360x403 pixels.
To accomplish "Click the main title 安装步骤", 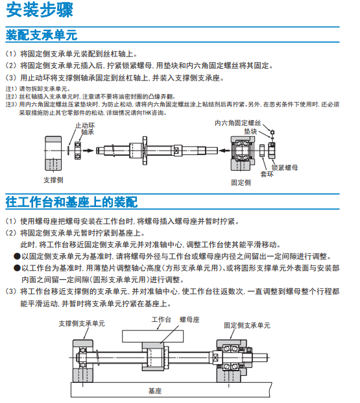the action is (x=40, y=10).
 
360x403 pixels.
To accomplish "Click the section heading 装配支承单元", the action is (x=42, y=35).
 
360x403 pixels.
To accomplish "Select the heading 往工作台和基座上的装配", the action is (x=72, y=202).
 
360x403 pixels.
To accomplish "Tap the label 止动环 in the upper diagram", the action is (x=85, y=125).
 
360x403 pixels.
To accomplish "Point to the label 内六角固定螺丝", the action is (x=238, y=123).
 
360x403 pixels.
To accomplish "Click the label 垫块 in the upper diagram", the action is (x=250, y=132).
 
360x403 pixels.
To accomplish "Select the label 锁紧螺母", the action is (x=285, y=168).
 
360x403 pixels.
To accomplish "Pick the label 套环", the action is (x=267, y=175).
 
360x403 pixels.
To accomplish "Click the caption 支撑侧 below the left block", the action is (x=53, y=180).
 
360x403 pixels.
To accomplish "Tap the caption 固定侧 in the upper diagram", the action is (x=241, y=183).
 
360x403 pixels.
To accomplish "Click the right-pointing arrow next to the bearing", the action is (x=88, y=151).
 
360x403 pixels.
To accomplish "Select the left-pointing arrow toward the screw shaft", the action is (x=224, y=151).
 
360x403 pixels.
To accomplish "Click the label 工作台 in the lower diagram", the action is (x=161, y=320).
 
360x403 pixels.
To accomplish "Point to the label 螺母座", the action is (x=189, y=320).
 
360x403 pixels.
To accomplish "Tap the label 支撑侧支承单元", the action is (x=82, y=324).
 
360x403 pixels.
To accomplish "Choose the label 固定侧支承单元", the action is (x=247, y=326).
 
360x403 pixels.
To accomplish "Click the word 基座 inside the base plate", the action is (x=155, y=391).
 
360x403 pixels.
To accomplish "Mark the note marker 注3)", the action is (x=11, y=104).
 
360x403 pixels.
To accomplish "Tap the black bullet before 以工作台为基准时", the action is (x=17, y=268).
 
